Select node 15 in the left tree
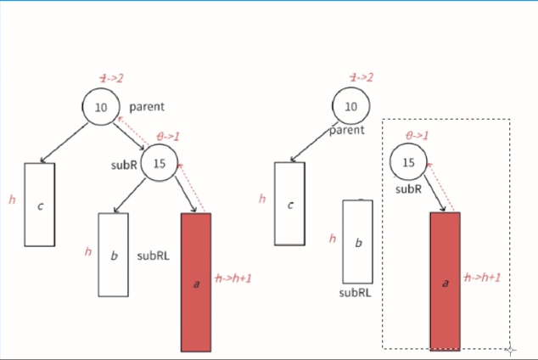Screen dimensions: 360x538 pyautogui.click(x=159, y=162)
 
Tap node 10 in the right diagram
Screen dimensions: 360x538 pyautogui.click(x=350, y=108)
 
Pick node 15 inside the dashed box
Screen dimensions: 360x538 pyautogui.click(x=408, y=162)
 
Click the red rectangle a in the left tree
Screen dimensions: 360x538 pyautogui.click(x=195, y=282)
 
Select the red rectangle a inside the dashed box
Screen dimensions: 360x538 pyautogui.click(x=445, y=281)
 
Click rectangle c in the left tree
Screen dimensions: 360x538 pyautogui.click(x=40, y=205)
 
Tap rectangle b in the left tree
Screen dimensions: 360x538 pyautogui.click(x=114, y=255)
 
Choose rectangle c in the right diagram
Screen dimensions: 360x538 pyautogui.click(x=289, y=205)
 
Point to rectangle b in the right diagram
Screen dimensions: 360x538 pyautogui.click(x=357, y=242)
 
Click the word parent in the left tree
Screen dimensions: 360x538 pyautogui.click(x=147, y=107)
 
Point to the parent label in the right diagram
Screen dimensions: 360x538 pyautogui.click(x=347, y=130)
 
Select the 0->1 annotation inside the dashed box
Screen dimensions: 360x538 pyautogui.click(x=418, y=135)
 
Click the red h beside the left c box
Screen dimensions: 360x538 pyautogui.click(x=12, y=200)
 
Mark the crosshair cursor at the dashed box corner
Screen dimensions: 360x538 pyautogui.click(x=511, y=349)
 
